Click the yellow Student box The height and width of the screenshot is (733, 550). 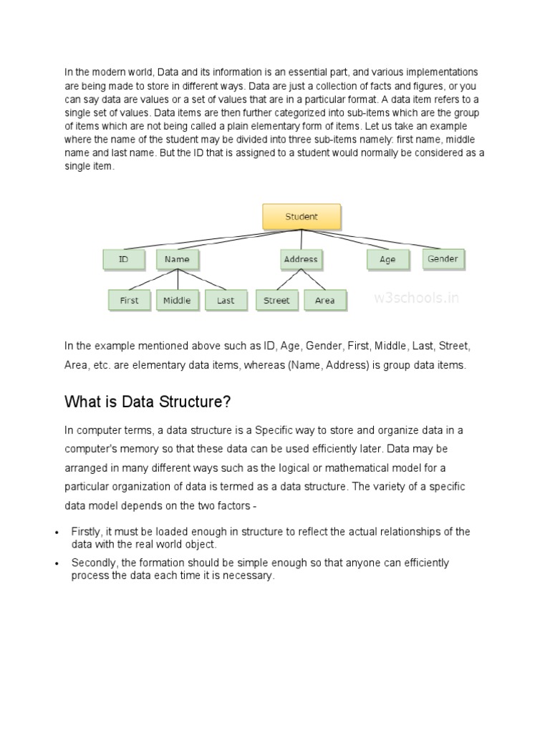[301, 216]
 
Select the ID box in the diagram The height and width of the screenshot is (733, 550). [124, 259]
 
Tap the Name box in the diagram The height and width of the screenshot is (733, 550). [177, 259]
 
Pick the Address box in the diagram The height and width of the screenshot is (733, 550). [301, 259]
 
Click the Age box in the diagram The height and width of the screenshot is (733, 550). [387, 259]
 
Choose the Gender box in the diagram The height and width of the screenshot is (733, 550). [443, 258]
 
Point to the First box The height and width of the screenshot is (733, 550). [130, 301]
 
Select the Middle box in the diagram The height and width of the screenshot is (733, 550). [177, 301]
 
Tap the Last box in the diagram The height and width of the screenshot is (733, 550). [226, 301]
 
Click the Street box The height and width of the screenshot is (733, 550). [276, 301]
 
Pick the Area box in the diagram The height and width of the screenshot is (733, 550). [325, 301]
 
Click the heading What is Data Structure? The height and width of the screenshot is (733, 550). [148, 402]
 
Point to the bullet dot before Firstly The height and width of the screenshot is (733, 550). [56, 533]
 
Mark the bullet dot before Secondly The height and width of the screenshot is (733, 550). [56, 564]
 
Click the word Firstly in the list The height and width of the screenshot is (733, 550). [87, 532]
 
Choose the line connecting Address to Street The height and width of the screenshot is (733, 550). [289, 280]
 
